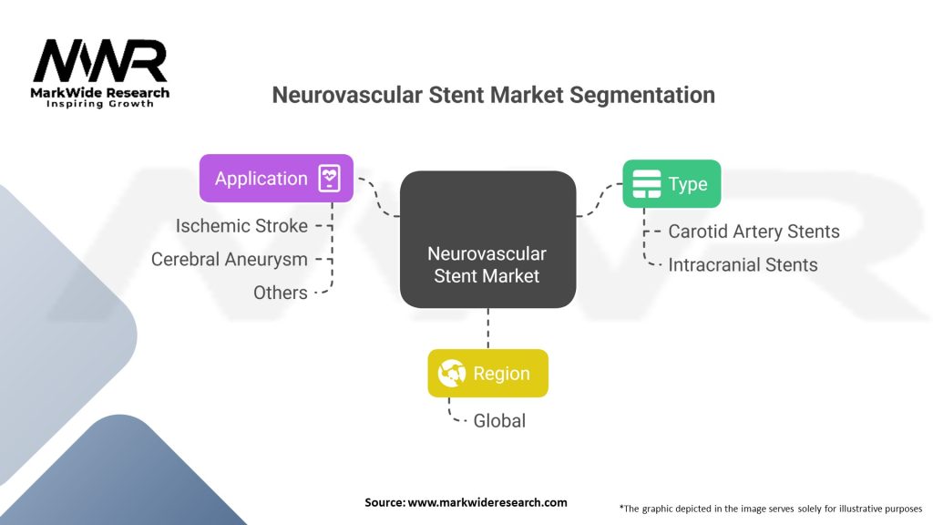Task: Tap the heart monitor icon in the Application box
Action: pyautogui.click(x=329, y=179)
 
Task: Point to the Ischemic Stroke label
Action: pyautogui.click(x=241, y=225)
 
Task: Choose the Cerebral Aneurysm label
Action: pyautogui.click(x=230, y=259)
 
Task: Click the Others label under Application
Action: pyautogui.click(x=281, y=293)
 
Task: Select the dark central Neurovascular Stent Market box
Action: pyautogui.click(x=487, y=239)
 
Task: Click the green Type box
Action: pyautogui.click(x=671, y=183)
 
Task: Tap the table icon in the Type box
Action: pyautogui.click(x=647, y=183)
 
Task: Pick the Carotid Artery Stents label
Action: pyautogui.click(x=754, y=232)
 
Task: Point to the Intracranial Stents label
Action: pyautogui.click(x=743, y=265)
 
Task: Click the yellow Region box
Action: pyautogui.click(x=487, y=373)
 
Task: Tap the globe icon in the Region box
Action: pyautogui.click(x=452, y=373)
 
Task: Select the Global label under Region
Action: pyautogui.click(x=499, y=421)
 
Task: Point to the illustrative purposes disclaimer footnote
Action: pyautogui.click(x=770, y=507)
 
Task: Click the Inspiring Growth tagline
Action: pyautogui.click(x=100, y=103)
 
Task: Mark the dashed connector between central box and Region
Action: pyautogui.click(x=488, y=328)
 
